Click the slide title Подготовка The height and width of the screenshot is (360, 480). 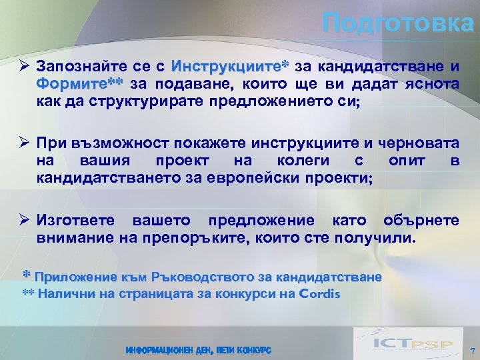tap(397, 24)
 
